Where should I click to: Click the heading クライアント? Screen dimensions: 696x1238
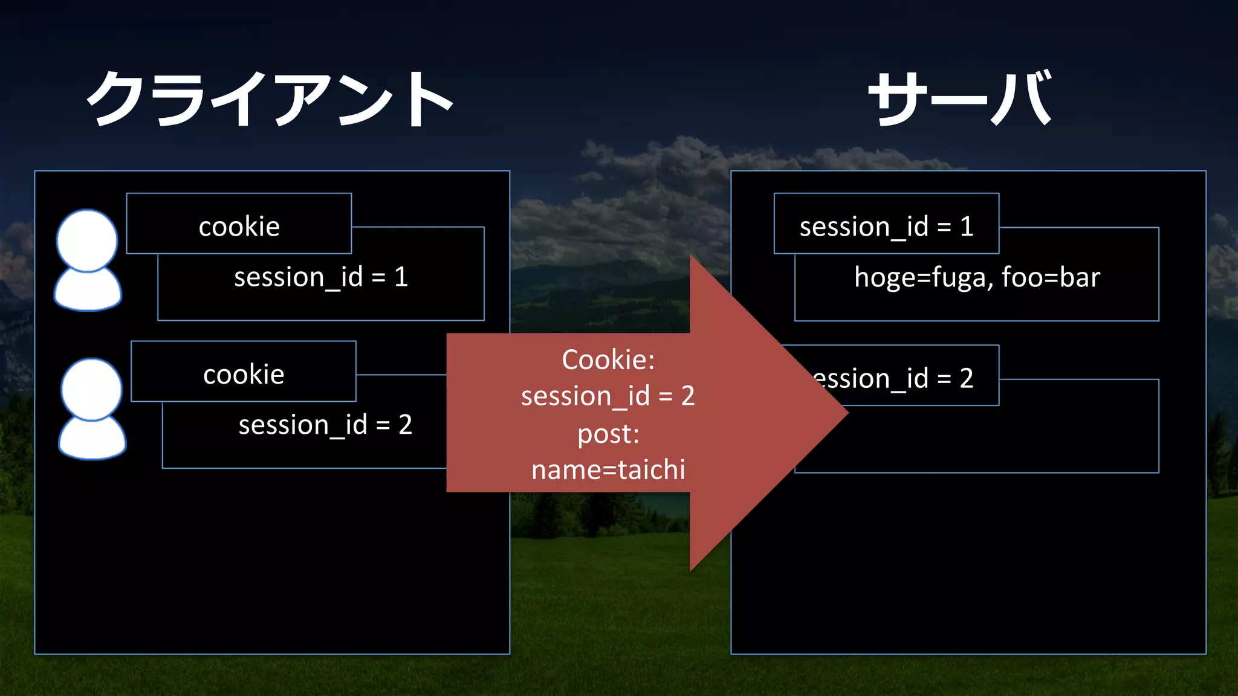tap(270, 98)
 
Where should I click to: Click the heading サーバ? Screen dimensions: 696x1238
tap(960, 98)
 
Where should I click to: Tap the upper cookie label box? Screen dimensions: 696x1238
tap(239, 224)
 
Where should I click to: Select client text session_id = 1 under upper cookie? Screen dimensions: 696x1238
tap(321, 277)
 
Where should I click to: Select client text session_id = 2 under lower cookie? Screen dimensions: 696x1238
tap(325, 425)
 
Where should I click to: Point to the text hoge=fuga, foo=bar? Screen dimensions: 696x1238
tap(977, 277)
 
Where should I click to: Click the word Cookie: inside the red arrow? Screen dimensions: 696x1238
tap(608, 359)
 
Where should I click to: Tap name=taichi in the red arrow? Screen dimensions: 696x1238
tap(608, 469)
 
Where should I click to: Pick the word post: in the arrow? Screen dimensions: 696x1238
tap(608, 434)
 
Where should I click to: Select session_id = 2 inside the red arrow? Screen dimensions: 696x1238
tap(608, 396)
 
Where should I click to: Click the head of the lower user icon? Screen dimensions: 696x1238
tap(91, 388)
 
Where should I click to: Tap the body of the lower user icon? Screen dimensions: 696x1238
tap(92, 438)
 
